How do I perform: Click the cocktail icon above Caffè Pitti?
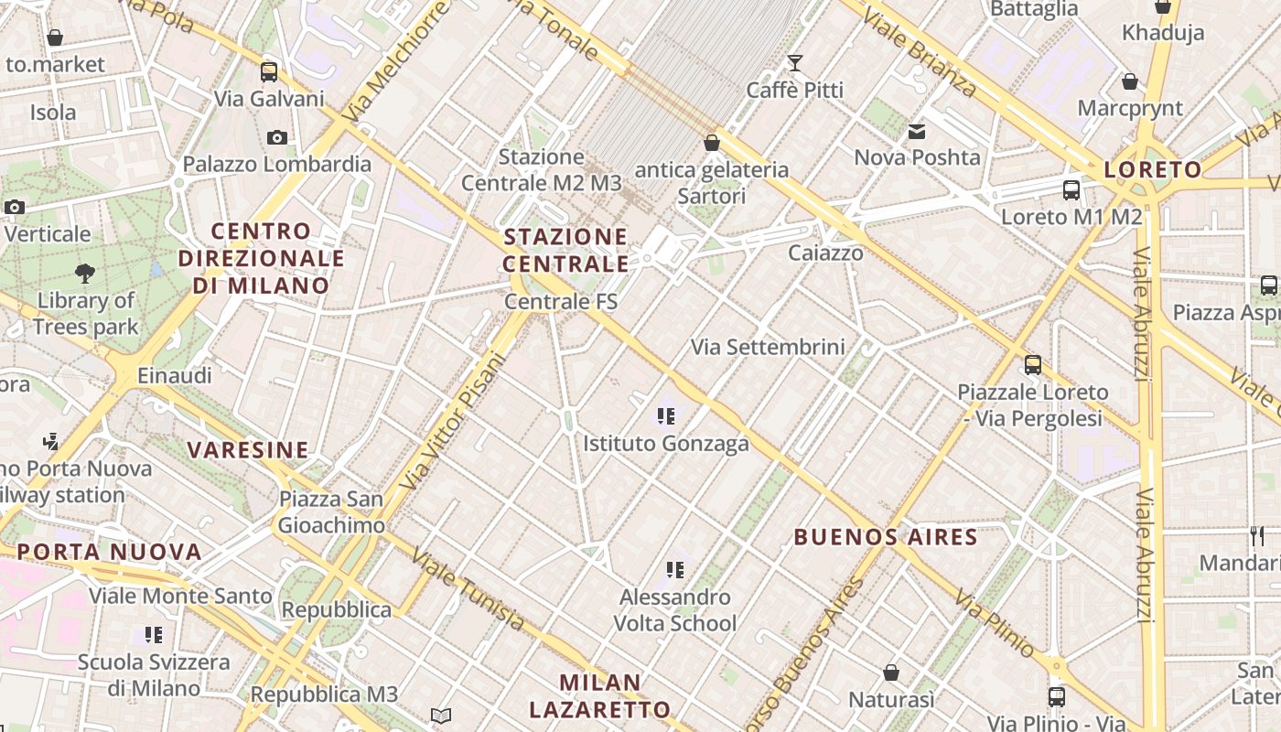794,62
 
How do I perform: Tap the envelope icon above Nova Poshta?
917,132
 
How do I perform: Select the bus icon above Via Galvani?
269,71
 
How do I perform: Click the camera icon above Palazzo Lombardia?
276,138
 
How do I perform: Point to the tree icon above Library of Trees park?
85,273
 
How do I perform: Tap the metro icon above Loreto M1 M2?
1071,190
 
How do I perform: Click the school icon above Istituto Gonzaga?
666,416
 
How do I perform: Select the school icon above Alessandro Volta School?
675,570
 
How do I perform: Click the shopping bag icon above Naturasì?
891,673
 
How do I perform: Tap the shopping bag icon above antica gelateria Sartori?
712,143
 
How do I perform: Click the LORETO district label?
1153,169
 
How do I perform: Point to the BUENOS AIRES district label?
886,537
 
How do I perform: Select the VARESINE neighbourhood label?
248,449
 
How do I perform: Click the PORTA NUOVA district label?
110,552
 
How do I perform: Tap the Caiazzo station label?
826,253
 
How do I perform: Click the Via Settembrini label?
768,347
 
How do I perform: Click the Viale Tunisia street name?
468,589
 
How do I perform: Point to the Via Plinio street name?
995,624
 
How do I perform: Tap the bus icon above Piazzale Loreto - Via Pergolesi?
1033,365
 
